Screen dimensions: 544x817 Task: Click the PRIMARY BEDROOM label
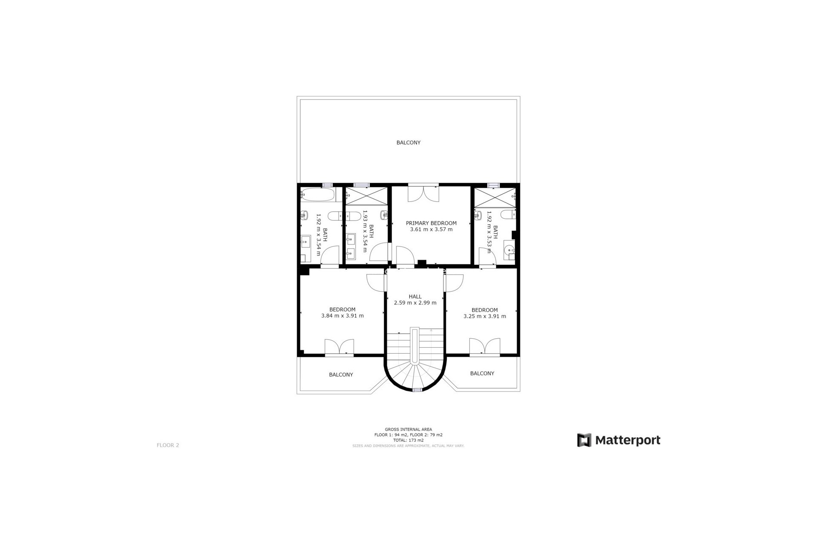pyautogui.click(x=431, y=223)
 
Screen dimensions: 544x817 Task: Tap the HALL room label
pyautogui.click(x=415, y=297)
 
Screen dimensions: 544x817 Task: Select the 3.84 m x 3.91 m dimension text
pyautogui.click(x=343, y=316)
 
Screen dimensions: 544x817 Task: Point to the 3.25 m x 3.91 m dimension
pyautogui.click(x=485, y=316)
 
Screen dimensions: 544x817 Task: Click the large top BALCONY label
pyautogui.click(x=408, y=143)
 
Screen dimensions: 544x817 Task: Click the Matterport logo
pyautogui.click(x=619, y=440)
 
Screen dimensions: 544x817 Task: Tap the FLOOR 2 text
pyautogui.click(x=168, y=445)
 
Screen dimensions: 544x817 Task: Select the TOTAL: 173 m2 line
pyautogui.click(x=408, y=440)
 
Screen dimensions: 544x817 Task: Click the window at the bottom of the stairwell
pyautogui.click(x=417, y=389)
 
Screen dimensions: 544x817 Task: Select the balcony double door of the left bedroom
pyautogui.click(x=339, y=347)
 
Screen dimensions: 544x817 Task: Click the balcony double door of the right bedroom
pyautogui.click(x=485, y=346)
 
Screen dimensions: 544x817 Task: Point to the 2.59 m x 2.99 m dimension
pyautogui.click(x=415, y=303)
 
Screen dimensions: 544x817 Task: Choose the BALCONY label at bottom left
pyautogui.click(x=341, y=375)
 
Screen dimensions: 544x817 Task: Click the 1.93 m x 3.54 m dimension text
pyautogui.click(x=365, y=231)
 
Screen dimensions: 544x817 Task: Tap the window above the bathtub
pyautogui.click(x=327, y=185)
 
